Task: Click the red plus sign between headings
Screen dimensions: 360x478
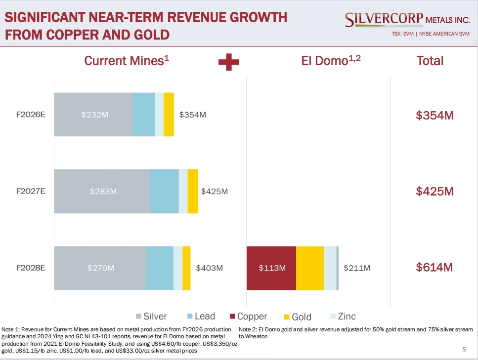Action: [x=229, y=62]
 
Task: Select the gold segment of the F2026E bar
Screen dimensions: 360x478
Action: [x=169, y=115]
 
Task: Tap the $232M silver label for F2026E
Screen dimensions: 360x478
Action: [x=94, y=115]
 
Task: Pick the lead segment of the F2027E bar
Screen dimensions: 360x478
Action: [x=164, y=191]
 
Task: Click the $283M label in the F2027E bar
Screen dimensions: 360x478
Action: [x=103, y=191]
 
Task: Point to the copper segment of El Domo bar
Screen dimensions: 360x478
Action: [x=271, y=268]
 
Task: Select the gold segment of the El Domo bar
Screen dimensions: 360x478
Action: [x=310, y=268]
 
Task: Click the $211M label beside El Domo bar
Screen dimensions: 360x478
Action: [x=357, y=268]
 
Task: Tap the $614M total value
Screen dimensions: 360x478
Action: [x=435, y=268]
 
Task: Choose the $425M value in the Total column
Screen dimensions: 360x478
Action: [x=435, y=191]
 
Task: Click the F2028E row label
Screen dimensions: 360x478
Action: [x=31, y=268]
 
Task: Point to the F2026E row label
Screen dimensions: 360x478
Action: [x=31, y=115]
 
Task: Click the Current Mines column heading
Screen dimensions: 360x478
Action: [x=127, y=61]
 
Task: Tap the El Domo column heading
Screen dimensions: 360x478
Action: [x=332, y=61]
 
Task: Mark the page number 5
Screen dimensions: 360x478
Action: [x=464, y=350]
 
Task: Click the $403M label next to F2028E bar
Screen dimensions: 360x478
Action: [x=209, y=268]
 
